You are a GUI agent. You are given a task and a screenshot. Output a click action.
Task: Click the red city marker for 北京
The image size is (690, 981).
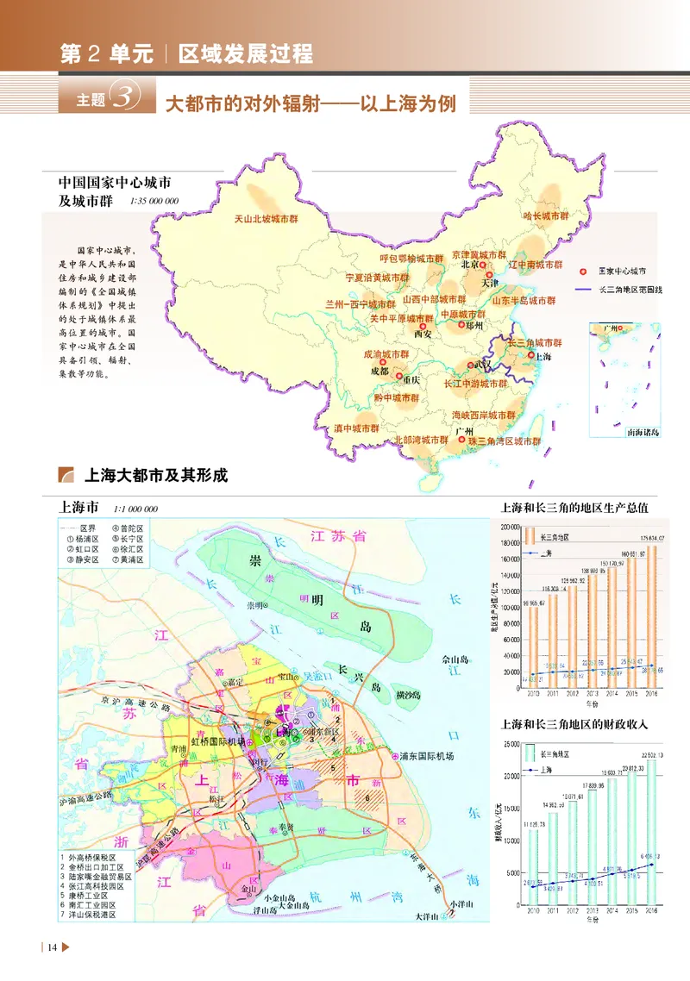pyautogui.click(x=483, y=266)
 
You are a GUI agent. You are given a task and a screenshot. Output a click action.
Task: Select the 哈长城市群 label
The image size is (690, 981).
pyautogui.click(x=545, y=216)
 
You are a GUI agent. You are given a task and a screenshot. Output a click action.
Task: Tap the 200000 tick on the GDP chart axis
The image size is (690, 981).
pyautogui.click(x=508, y=526)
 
